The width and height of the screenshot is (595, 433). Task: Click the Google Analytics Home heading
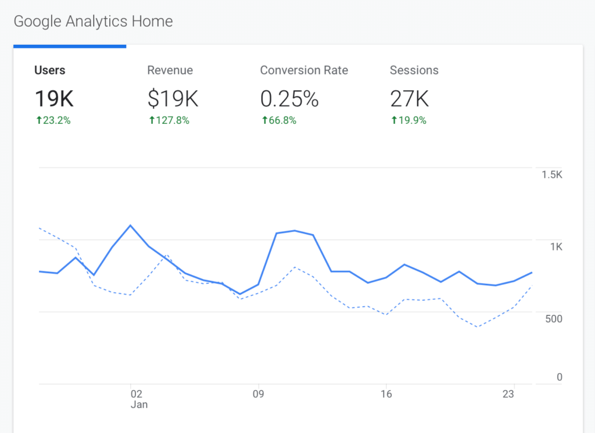93,22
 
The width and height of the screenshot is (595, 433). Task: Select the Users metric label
50,70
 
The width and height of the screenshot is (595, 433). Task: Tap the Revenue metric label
170,70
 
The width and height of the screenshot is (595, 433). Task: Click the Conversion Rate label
304,70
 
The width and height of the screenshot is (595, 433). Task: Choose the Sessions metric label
414,70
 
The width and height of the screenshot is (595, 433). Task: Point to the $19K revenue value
173,99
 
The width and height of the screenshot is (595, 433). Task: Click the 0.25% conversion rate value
289,99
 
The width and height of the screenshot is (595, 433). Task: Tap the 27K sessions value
409,99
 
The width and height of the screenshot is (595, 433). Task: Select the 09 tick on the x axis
258,394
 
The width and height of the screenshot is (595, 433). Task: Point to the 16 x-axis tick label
386,394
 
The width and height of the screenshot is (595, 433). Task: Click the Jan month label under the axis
139,405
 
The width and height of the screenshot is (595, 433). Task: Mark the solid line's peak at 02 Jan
131,225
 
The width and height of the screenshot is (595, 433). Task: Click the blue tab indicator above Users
70,46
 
